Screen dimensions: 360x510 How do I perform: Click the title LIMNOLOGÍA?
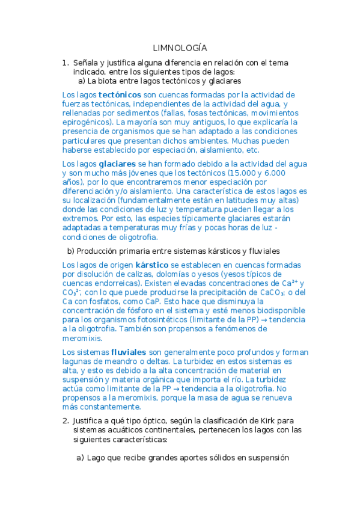pos(180,48)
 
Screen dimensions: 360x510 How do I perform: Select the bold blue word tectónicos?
pos(120,95)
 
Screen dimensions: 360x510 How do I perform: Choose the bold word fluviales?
pos(129,352)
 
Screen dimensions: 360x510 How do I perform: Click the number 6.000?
pos(274,173)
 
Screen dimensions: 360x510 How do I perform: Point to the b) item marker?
pos(70,251)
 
